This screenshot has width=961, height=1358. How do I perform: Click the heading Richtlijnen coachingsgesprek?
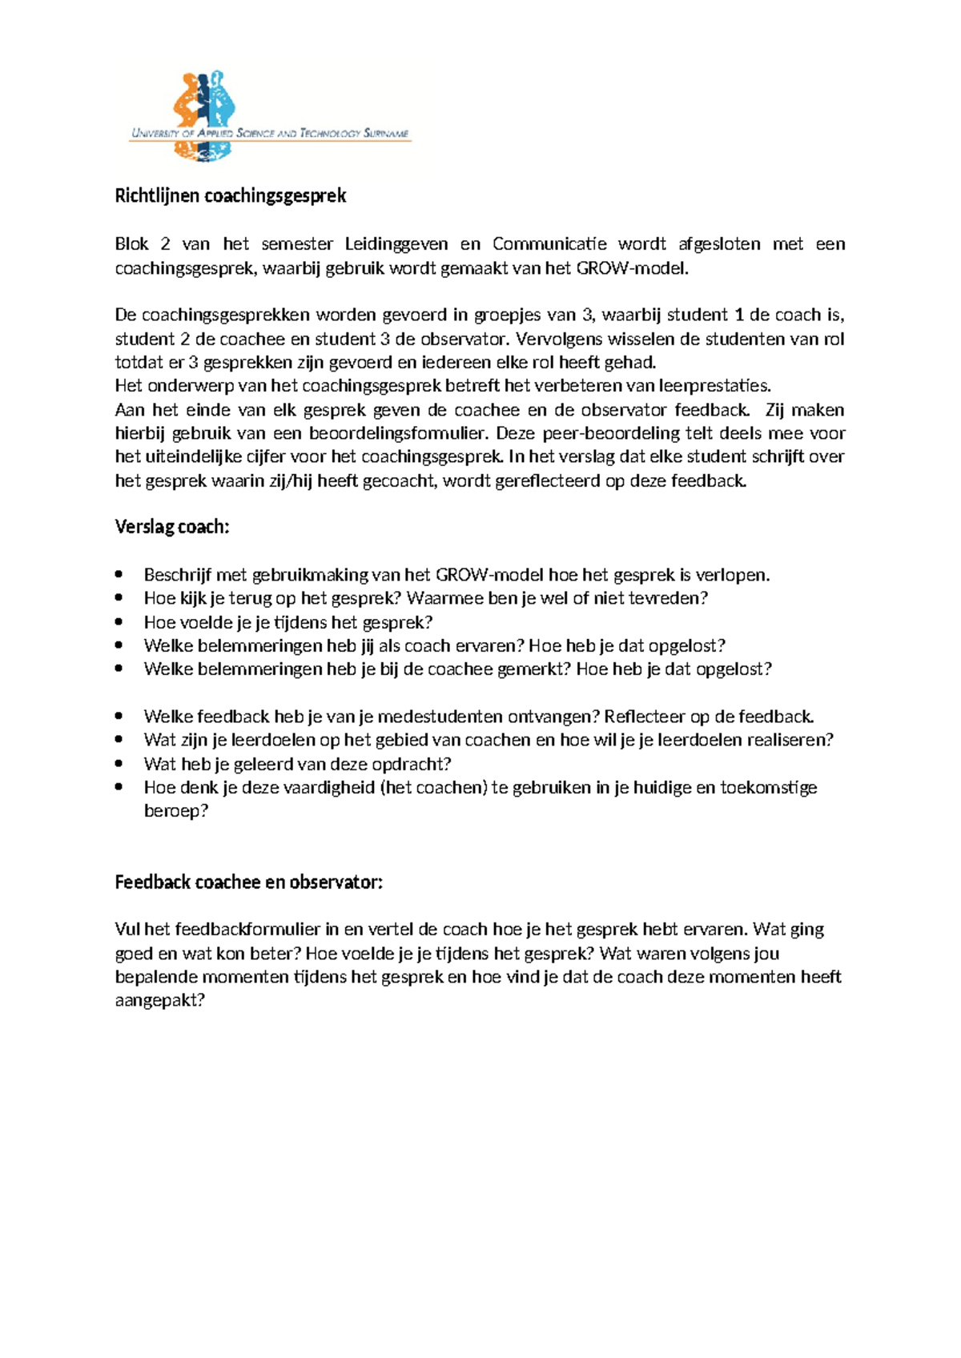click(x=231, y=196)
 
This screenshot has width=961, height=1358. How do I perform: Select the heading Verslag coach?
click(x=172, y=527)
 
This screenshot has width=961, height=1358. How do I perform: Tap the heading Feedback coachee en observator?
click(x=249, y=882)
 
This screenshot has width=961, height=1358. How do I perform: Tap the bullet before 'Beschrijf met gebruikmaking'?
click(x=119, y=575)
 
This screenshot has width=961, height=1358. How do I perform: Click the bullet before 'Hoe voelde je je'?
click(x=119, y=622)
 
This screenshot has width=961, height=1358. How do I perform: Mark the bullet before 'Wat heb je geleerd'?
click(x=119, y=764)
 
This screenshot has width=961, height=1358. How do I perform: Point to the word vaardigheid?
click(x=328, y=788)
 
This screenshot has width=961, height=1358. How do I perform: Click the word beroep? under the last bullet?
click(x=176, y=811)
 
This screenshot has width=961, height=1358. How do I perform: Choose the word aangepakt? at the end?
click(x=160, y=1001)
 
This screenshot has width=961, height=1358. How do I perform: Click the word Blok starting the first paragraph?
click(x=132, y=244)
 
